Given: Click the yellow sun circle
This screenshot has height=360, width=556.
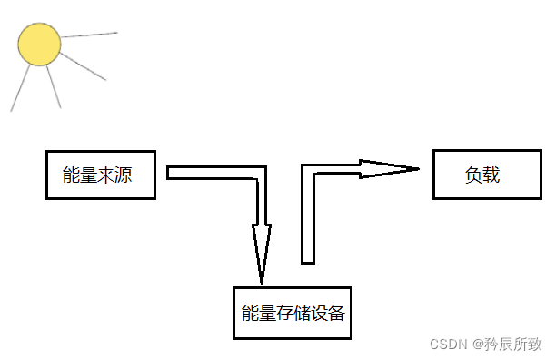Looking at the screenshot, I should pos(39,45).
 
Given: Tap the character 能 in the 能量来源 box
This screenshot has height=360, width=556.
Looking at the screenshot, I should pos(71,175).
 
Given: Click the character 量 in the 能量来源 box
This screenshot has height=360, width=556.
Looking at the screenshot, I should pos(88,175).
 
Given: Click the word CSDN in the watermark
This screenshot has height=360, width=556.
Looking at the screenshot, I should pos(447,345).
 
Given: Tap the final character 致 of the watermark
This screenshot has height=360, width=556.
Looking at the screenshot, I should pos(534,345).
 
